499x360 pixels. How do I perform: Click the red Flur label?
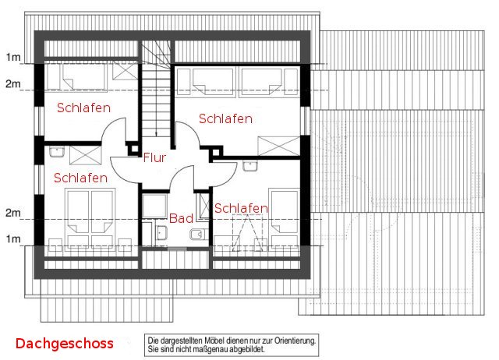154,157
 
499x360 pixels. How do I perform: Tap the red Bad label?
181,218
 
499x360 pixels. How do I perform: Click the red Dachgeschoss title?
65,344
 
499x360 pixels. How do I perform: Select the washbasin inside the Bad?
161,232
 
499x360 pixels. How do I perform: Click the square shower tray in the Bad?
154,206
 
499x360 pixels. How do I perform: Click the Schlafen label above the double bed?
80,178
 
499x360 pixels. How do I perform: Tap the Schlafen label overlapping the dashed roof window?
241,208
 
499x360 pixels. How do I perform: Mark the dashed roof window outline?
248,233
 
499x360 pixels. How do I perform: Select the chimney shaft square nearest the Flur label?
134,149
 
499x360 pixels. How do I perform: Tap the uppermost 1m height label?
13,57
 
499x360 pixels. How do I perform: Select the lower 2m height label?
13,213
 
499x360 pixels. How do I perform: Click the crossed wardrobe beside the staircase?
125,71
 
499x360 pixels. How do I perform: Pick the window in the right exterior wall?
306,121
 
